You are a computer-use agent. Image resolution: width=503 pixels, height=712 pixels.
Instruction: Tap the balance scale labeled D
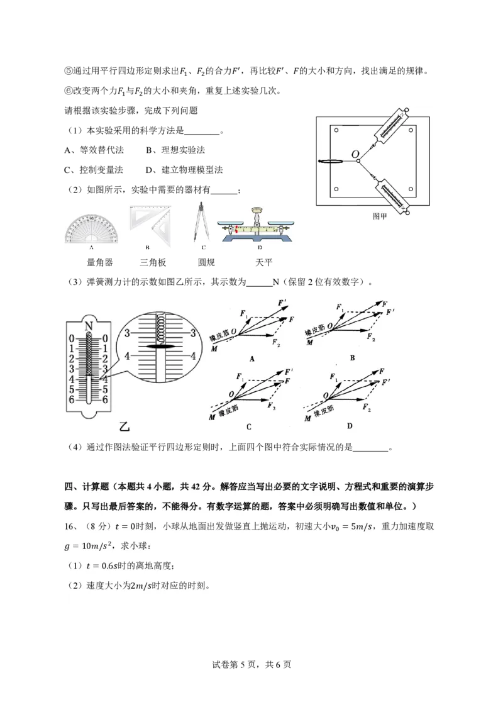257,226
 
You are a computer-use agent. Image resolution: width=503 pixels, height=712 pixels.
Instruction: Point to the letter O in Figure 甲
355,153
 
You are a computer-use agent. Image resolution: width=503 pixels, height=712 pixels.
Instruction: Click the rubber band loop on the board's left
333,162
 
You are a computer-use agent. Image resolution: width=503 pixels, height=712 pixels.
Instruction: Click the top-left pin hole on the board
337,131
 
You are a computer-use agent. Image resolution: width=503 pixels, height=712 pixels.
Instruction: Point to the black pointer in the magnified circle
160,347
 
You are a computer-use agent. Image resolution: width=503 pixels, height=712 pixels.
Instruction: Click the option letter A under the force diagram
251,359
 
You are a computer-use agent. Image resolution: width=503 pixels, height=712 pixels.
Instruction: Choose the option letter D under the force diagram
350,426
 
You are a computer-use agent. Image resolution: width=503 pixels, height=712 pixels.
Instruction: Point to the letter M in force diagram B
309,343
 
